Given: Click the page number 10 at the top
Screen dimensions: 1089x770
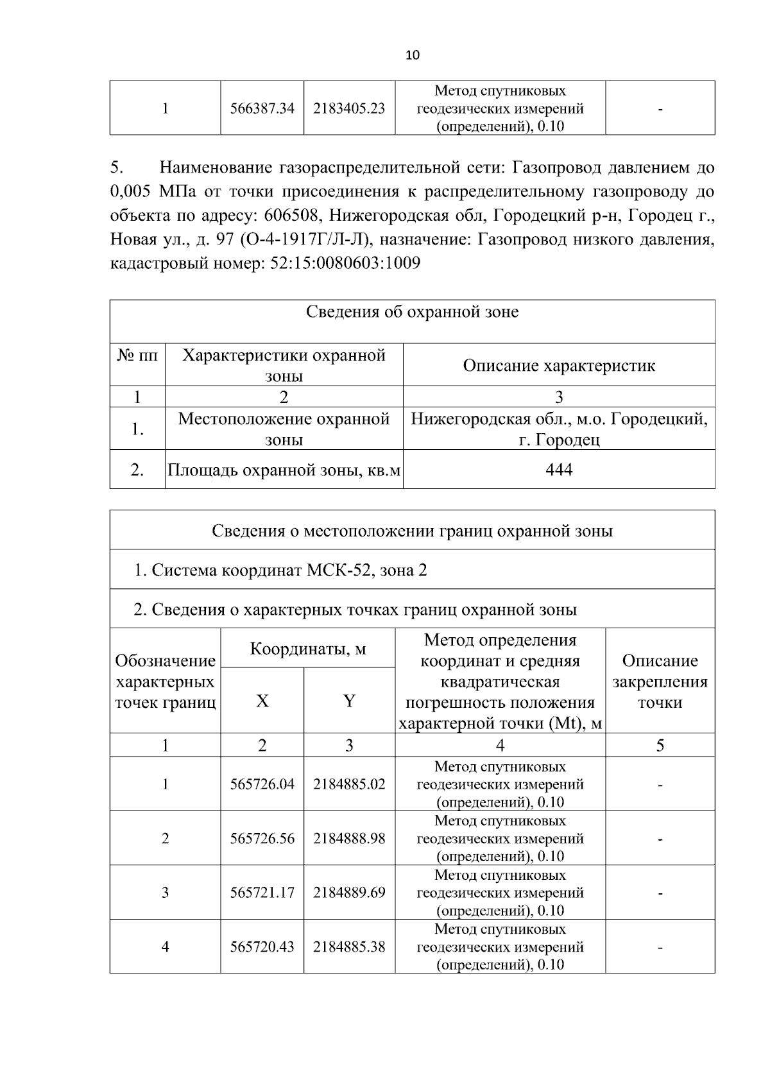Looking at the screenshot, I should (x=413, y=55).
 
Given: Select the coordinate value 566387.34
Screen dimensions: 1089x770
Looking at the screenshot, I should (x=262, y=108).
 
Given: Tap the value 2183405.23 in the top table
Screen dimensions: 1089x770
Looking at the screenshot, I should (x=349, y=108).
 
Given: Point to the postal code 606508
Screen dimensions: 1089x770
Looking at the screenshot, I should (x=289, y=216).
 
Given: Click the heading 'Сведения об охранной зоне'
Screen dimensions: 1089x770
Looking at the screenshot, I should (x=412, y=313).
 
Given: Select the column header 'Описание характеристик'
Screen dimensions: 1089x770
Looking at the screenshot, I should (x=559, y=366).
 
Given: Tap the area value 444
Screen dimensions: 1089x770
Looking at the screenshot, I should (x=559, y=470).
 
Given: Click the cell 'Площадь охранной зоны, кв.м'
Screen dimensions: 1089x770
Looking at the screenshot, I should (x=284, y=470).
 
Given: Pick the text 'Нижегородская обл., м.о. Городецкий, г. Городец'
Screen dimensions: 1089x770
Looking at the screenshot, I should (x=559, y=430).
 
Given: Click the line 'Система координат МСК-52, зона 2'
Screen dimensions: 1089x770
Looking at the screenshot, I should (x=280, y=570).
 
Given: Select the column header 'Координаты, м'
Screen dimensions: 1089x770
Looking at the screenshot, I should (x=307, y=649).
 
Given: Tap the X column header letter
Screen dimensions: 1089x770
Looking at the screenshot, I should (x=262, y=701).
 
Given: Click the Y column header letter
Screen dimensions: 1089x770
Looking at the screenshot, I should (x=349, y=701).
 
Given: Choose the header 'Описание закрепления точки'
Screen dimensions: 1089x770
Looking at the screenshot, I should (x=660, y=682).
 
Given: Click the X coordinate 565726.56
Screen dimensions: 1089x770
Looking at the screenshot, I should (x=262, y=839).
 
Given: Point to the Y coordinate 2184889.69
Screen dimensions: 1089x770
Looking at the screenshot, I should (x=349, y=893).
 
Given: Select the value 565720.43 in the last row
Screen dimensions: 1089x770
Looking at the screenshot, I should (x=262, y=947).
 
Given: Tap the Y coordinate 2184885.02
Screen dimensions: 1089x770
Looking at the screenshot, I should (x=349, y=784).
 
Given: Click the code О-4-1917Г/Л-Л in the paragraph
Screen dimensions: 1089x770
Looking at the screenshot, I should (x=304, y=240).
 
